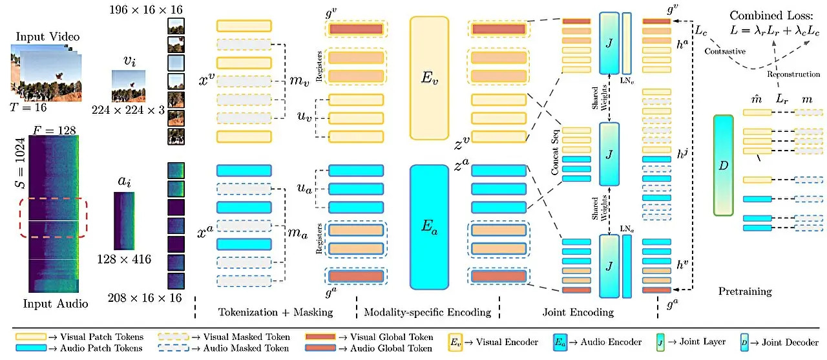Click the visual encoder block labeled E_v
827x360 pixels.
(429, 77)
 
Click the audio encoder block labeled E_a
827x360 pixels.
(429, 226)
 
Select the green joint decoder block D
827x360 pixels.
(724, 165)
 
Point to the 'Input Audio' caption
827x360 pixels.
(55, 303)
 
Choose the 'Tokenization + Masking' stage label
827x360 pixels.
(275, 312)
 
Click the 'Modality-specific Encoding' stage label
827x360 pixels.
(428, 312)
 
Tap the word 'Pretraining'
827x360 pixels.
(745, 291)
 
